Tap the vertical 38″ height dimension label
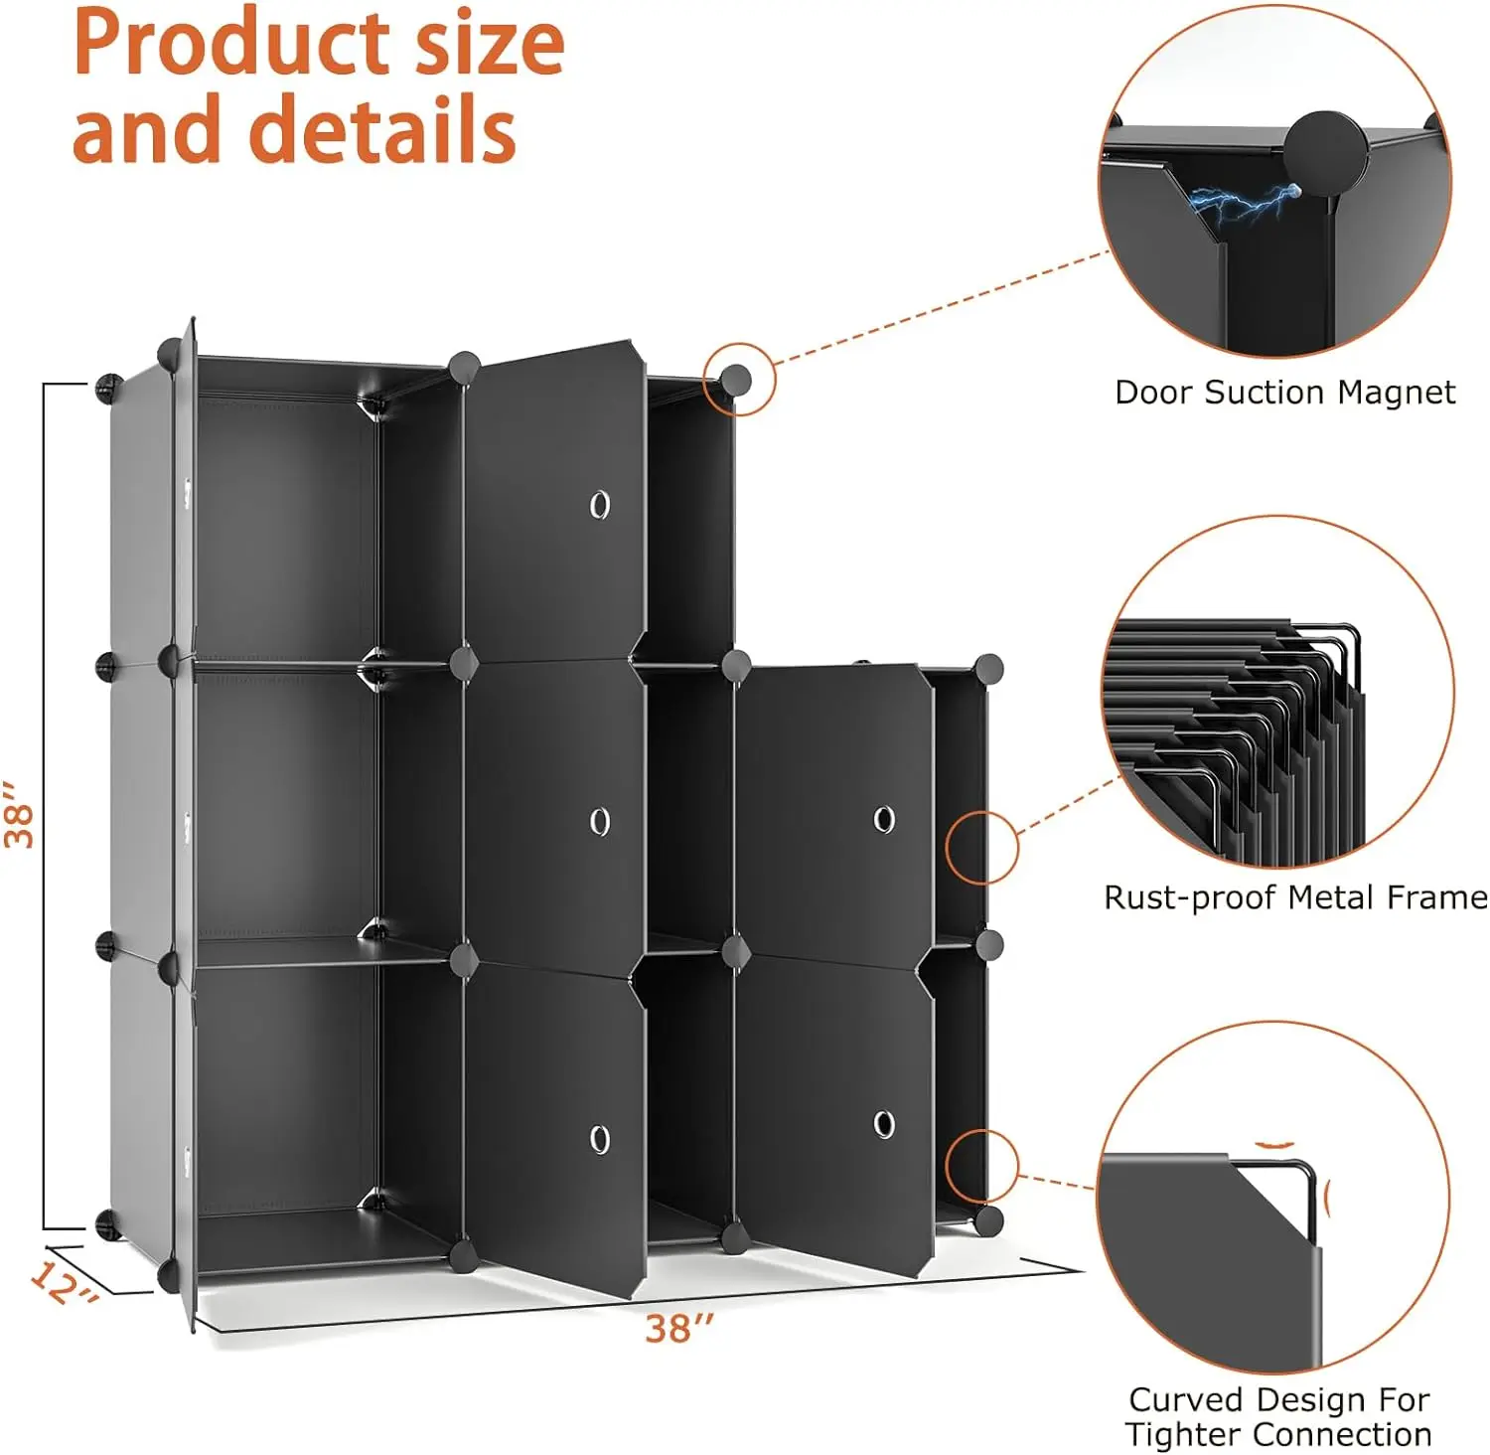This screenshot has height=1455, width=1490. [x=20, y=814]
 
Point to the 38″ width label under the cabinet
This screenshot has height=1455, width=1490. [x=679, y=1329]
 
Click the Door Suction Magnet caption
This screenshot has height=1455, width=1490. [x=1284, y=393]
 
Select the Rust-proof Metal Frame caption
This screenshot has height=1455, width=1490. [x=1295, y=897]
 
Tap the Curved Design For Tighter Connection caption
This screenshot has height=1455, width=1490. [x=1278, y=1417]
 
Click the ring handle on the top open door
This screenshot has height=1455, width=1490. [x=599, y=505]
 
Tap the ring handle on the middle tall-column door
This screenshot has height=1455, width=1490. [x=599, y=821]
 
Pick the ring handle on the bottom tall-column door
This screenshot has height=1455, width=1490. [x=599, y=1139]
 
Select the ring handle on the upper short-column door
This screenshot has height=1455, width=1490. [x=883, y=819]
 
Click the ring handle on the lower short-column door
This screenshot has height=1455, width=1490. [x=883, y=1124]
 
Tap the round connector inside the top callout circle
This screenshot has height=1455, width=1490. [x=736, y=379]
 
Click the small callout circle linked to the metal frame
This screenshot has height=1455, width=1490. [x=981, y=848]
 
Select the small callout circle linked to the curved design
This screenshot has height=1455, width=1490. [x=981, y=1166]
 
